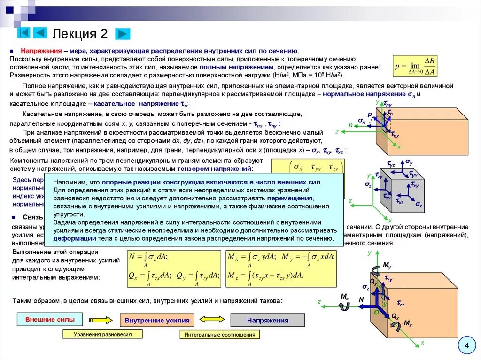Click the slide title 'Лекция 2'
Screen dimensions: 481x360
(x=80, y=34)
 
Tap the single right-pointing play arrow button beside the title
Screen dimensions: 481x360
(x=123, y=34)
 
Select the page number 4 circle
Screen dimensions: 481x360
(x=466, y=346)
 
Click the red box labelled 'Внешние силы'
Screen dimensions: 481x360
(x=49, y=320)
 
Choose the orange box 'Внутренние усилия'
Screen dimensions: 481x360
(x=157, y=321)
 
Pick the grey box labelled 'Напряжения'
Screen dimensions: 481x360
(x=267, y=321)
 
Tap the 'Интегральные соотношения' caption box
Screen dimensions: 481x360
(x=219, y=335)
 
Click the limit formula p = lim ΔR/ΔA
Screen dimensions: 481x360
(x=416, y=66)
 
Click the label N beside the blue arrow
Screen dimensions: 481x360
(x=361, y=299)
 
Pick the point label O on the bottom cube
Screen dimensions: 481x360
(x=375, y=312)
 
